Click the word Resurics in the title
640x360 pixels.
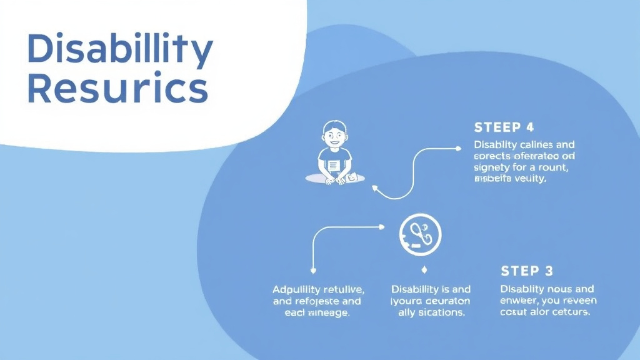click(x=117, y=89)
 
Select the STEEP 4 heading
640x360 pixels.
click(x=504, y=127)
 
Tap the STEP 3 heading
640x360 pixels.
click(x=527, y=271)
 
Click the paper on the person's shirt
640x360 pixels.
click(x=334, y=166)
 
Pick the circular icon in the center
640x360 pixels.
click(x=420, y=235)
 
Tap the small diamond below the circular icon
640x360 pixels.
click(x=424, y=270)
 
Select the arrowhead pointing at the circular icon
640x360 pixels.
click(x=382, y=227)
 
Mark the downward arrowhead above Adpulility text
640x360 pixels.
click(x=312, y=270)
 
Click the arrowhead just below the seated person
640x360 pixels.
click(x=374, y=187)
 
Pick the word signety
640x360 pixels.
click(x=492, y=167)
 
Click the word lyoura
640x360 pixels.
click(x=408, y=301)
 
